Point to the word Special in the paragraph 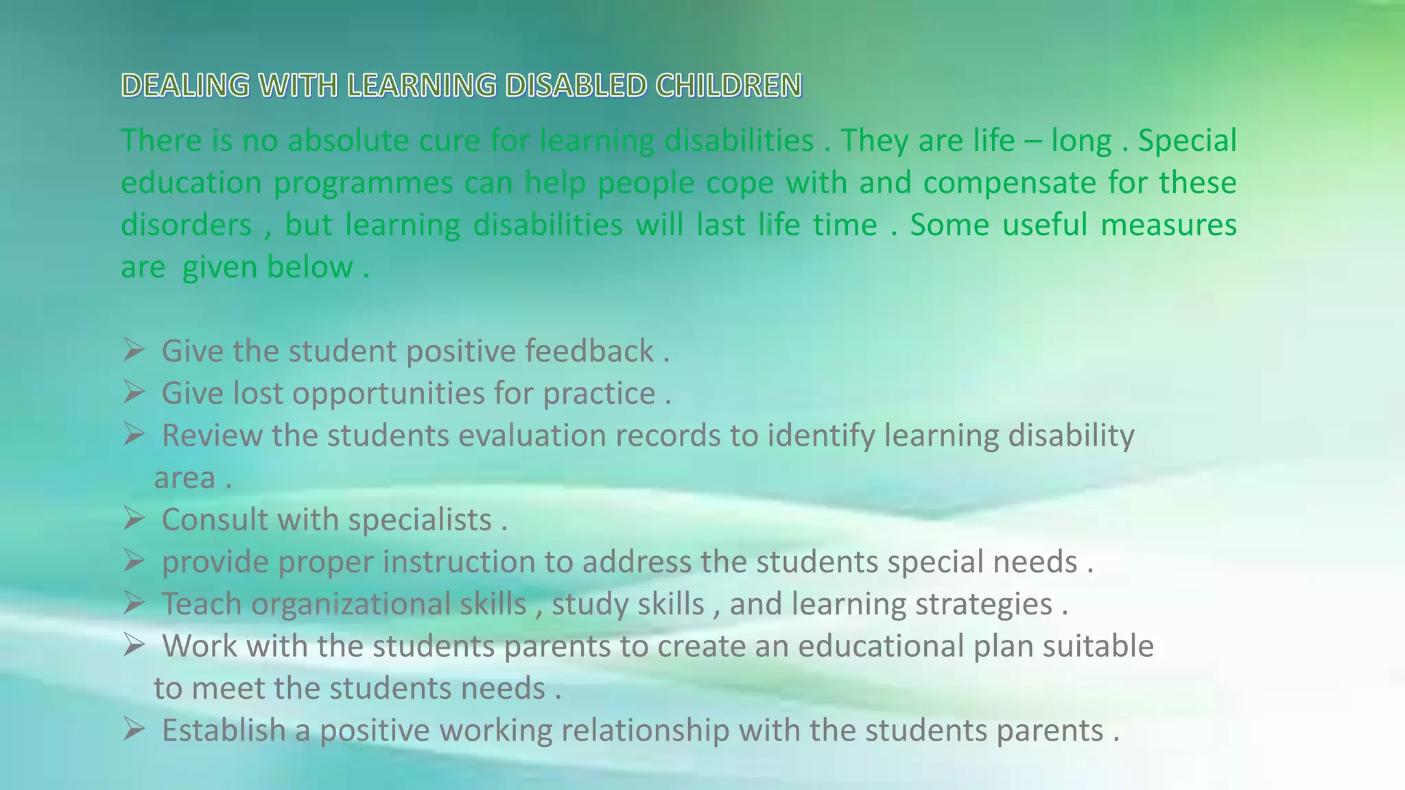pyautogui.click(x=1187, y=141)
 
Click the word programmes pyautogui.click(x=363, y=184)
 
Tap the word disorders pyautogui.click(x=187, y=225)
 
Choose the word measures pyautogui.click(x=1168, y=225)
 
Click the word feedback pyautogui.click(x=589, y=351)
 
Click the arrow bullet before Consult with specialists pyautogui.click(x=134, y=519)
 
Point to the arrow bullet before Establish pyautogui.click(x=134, y=730)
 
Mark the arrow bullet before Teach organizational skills pyautogui.click(x=134, y=603)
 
